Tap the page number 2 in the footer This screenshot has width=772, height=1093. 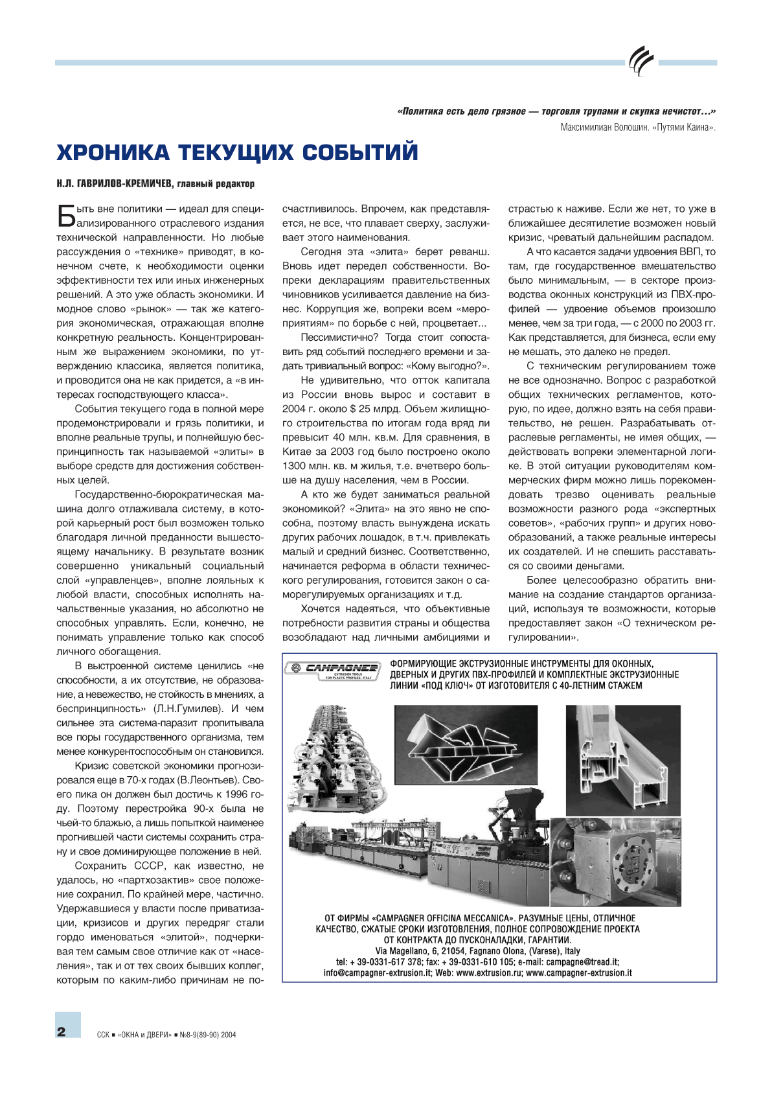tap(62, 1032)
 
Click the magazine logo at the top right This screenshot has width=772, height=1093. tap(641, 62)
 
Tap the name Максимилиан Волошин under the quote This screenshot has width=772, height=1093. tap(604, 128)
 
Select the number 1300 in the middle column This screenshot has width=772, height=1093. tap(294, 466)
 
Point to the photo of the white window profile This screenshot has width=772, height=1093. tap(623, 759)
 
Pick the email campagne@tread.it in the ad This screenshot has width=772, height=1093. tap(582, 962)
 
